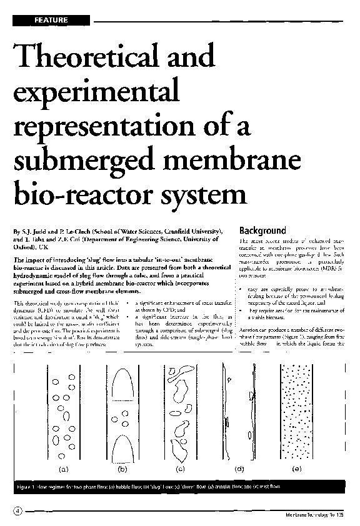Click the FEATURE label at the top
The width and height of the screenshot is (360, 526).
pyautogui.click(x=51, y=21)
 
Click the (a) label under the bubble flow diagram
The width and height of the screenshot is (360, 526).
pyautogui.click(x=62, y=468)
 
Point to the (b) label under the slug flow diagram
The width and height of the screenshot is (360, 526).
pyautogui.click(x=122, y=468)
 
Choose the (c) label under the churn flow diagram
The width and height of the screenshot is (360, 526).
pyautogui.click(x=181, y=468)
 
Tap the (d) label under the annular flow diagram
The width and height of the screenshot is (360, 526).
pyautogui.click(x=239, y=468)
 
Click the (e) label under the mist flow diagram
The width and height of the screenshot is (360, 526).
pyautogui.click(x=296, y=468)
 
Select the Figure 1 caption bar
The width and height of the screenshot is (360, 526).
pyautogui.click(x=180, y=486)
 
